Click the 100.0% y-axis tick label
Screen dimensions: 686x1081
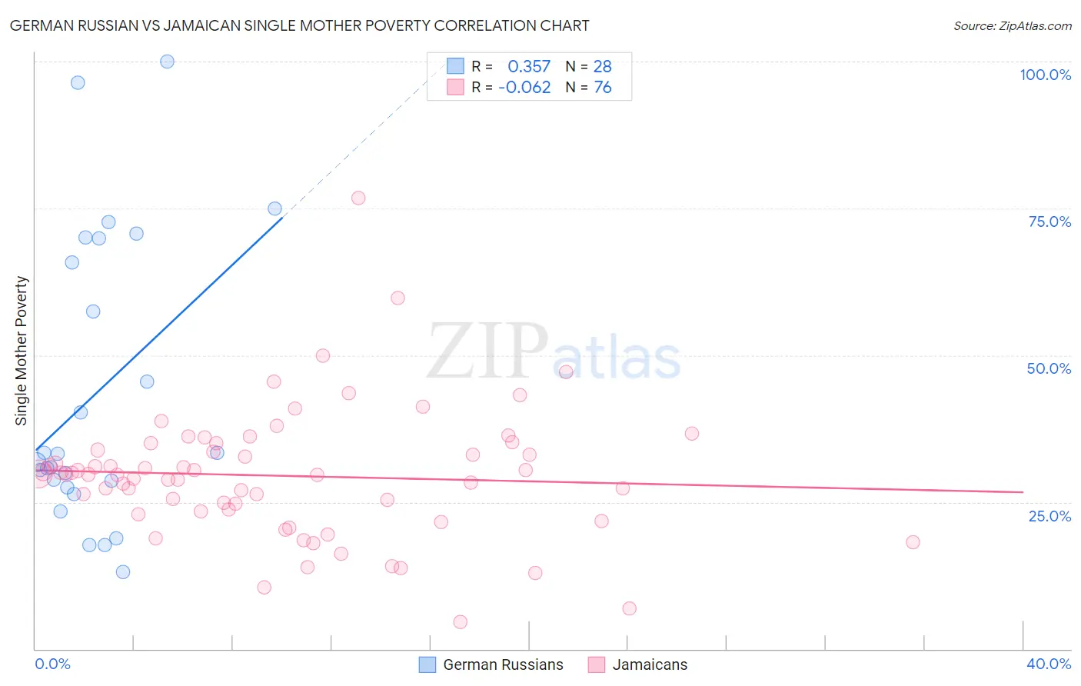click(1045, 75)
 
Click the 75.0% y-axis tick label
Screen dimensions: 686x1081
click(1049, 221)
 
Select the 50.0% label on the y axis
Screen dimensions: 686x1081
click(1049, 368)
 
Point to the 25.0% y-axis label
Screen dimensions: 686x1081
click(1049, 516)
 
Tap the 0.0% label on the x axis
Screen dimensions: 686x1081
click(52, 664)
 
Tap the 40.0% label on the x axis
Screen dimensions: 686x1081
click(1048, 664)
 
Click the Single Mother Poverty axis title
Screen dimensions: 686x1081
click(22, 351)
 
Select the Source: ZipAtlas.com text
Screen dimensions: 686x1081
click(1012, 26)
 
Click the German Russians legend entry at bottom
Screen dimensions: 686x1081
click(503, 664)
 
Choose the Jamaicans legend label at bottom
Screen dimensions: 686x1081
click(650, 664)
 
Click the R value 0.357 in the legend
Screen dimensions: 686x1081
click(529, 67)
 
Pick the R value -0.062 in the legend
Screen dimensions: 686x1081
click(524, 88)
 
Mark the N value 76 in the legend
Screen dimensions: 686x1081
click(603, 88)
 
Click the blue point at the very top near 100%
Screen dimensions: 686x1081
click(167, 62)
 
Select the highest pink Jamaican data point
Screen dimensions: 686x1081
click(358, 198)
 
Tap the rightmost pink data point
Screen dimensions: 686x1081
click(913, 542)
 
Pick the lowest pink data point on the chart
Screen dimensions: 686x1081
click(461, 622)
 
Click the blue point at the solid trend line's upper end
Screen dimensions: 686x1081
click(274, 208)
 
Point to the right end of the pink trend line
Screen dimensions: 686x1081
click(1023, 491)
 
